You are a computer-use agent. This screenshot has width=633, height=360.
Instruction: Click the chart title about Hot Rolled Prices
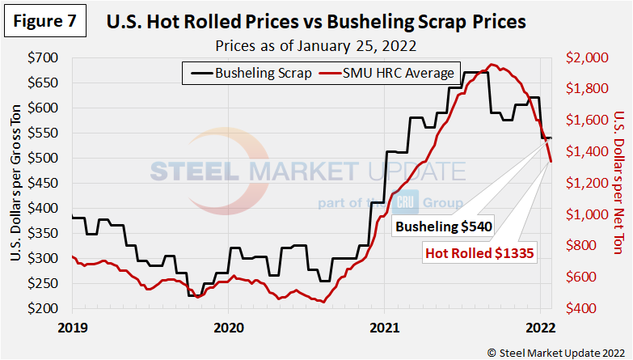(316, 22)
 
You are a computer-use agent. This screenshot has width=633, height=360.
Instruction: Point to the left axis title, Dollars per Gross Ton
(16, 184)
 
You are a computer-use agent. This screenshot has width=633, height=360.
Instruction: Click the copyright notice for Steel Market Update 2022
(555, 352)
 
